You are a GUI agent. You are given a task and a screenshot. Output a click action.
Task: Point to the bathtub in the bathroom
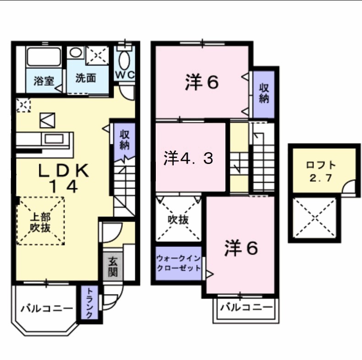44,56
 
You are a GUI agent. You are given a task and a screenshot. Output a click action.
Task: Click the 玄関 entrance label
113,267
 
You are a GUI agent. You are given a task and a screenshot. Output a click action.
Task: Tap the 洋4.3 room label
188,158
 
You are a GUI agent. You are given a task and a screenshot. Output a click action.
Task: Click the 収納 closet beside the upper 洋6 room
264,93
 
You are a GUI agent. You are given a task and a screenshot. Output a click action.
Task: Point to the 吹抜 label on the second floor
177,219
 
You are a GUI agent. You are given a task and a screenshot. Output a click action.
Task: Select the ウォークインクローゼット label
179,263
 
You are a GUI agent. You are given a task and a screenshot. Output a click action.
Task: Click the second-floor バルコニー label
245,307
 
